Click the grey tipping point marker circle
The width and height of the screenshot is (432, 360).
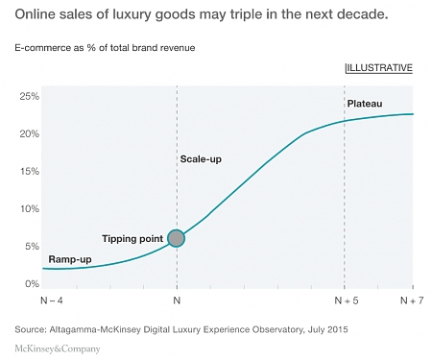(x=176, y=237)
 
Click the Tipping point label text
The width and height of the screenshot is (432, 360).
(x=133, y=237)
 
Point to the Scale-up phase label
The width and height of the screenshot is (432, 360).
(x=201, y=158)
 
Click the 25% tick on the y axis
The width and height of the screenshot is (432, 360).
(x=28, y=97)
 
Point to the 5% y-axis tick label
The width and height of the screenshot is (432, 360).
(x=30, y=247)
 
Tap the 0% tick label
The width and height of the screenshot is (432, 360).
(x=30, y=284)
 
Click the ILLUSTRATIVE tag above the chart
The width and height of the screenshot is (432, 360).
(x=378, y=68)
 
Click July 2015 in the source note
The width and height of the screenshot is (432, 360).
(x=325, y=329)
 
